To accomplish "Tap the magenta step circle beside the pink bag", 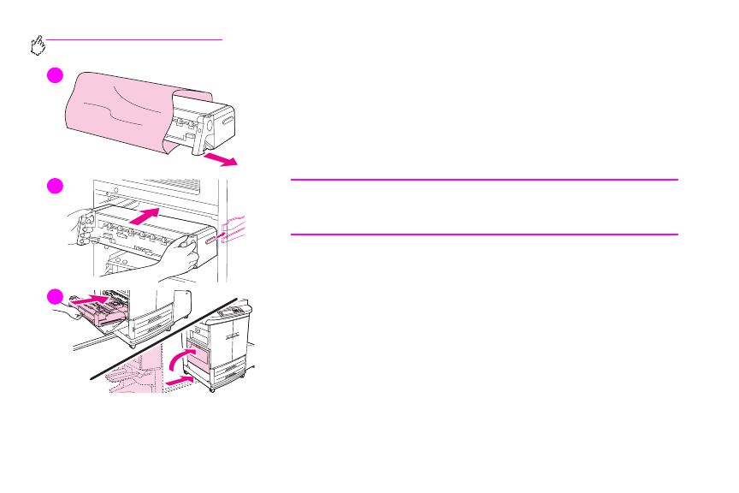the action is tap(55, 75).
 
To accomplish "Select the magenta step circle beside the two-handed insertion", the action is tap(55, 187).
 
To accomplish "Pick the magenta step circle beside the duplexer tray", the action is tap(55, 296).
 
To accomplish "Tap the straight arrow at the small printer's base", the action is tap(175, 377).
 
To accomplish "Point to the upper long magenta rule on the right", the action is tap(483, 180).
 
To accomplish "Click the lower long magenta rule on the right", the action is tap(483, 234).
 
